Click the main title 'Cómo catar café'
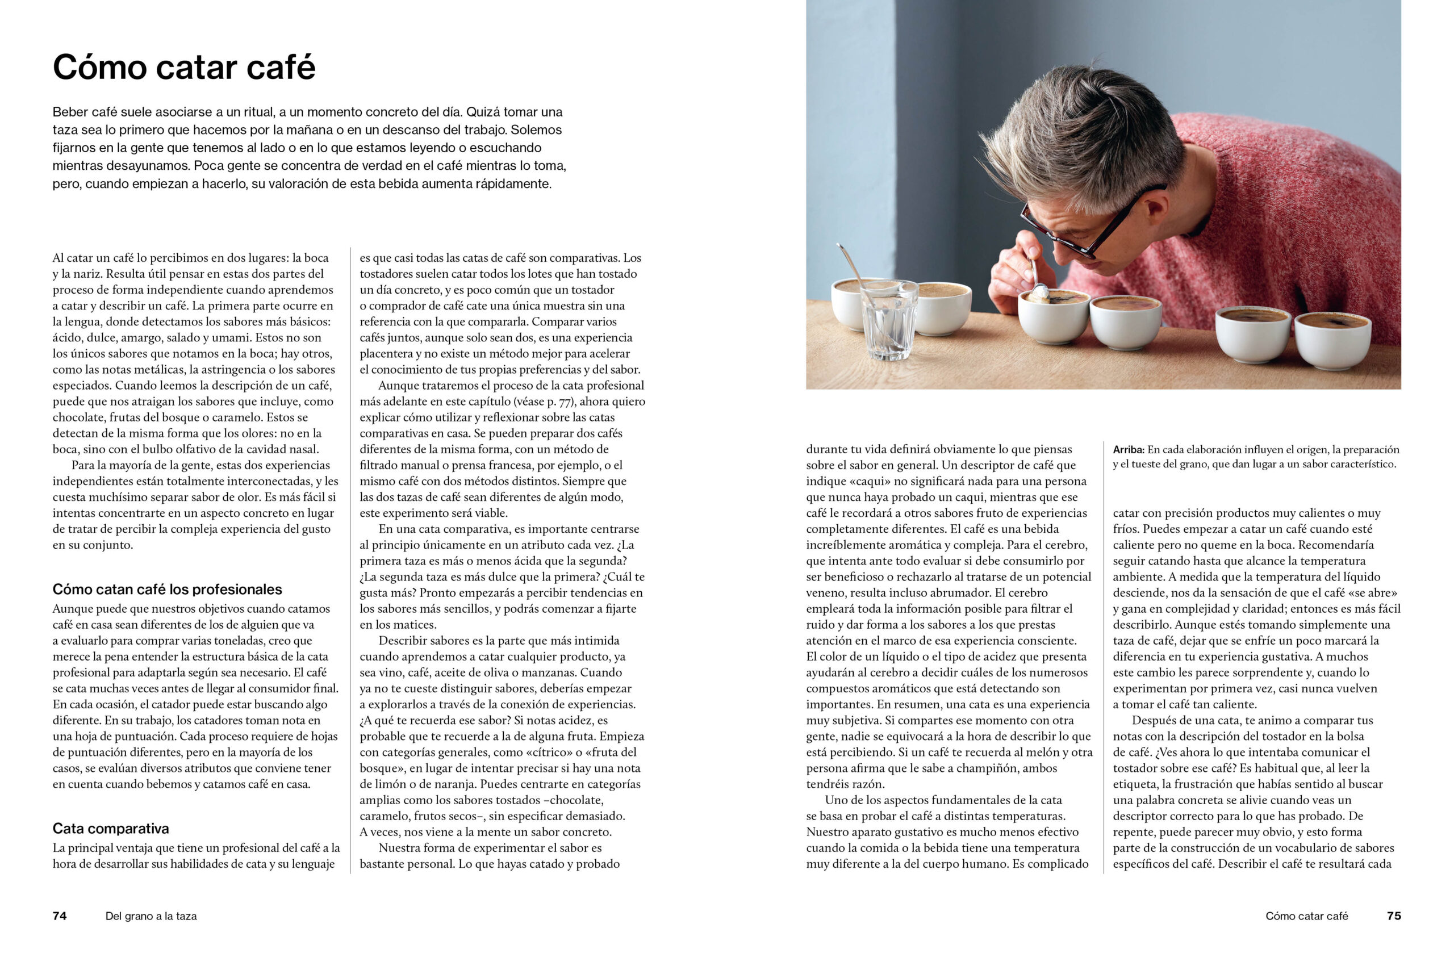tap(184, 67)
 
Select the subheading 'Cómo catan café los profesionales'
tap(167, 590)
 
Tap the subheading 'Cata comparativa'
tap(111, 829)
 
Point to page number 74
tap(59, 916)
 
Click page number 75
tap(1394, 916)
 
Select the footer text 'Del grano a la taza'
tap(151, 916)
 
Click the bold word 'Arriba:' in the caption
tap(1129, 450)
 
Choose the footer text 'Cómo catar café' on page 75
tap(1306, 916)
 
